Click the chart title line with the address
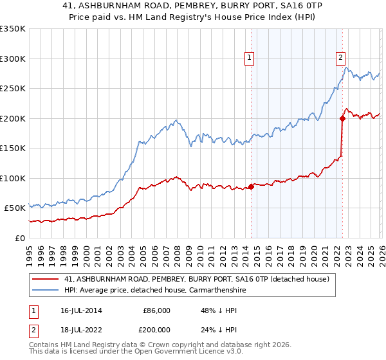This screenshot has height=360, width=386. tap(192, 6)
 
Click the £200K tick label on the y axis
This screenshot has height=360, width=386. tap(13, 118)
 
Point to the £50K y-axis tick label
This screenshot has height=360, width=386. tap(14, 208)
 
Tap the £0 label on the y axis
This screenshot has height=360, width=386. tap(20, 238)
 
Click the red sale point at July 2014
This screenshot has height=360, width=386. tap(251, 186)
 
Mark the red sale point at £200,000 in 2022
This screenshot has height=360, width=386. tap(342, 118)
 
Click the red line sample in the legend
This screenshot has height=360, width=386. tap(46, 279)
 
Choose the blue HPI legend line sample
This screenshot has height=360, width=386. tap(46, 290)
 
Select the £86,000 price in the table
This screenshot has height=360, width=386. tap(156, 310)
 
